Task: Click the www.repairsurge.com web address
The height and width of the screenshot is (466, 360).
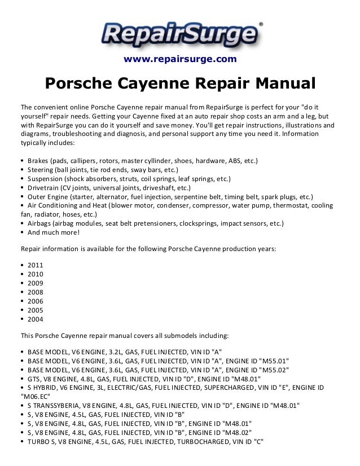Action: [x=180, y=59]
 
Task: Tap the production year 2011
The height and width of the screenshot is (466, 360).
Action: [x=35, y=265]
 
